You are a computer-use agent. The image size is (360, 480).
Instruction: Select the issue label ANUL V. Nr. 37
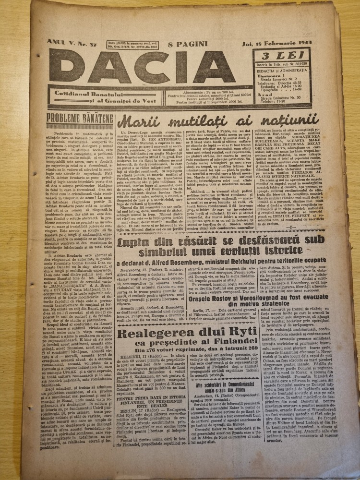coord(70,43)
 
